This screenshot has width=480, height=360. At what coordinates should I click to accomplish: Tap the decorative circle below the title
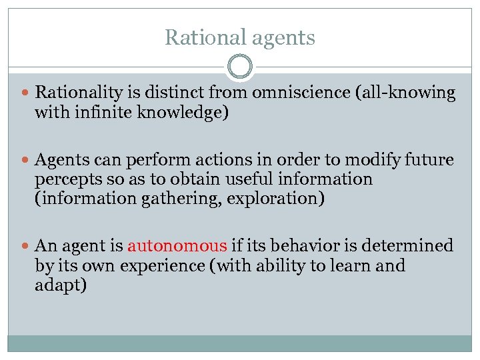point(240,67)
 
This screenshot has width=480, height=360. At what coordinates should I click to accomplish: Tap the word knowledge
point(180,113)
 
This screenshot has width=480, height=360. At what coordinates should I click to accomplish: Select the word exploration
point(276,199)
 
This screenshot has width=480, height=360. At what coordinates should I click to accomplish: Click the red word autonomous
point(177,246)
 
